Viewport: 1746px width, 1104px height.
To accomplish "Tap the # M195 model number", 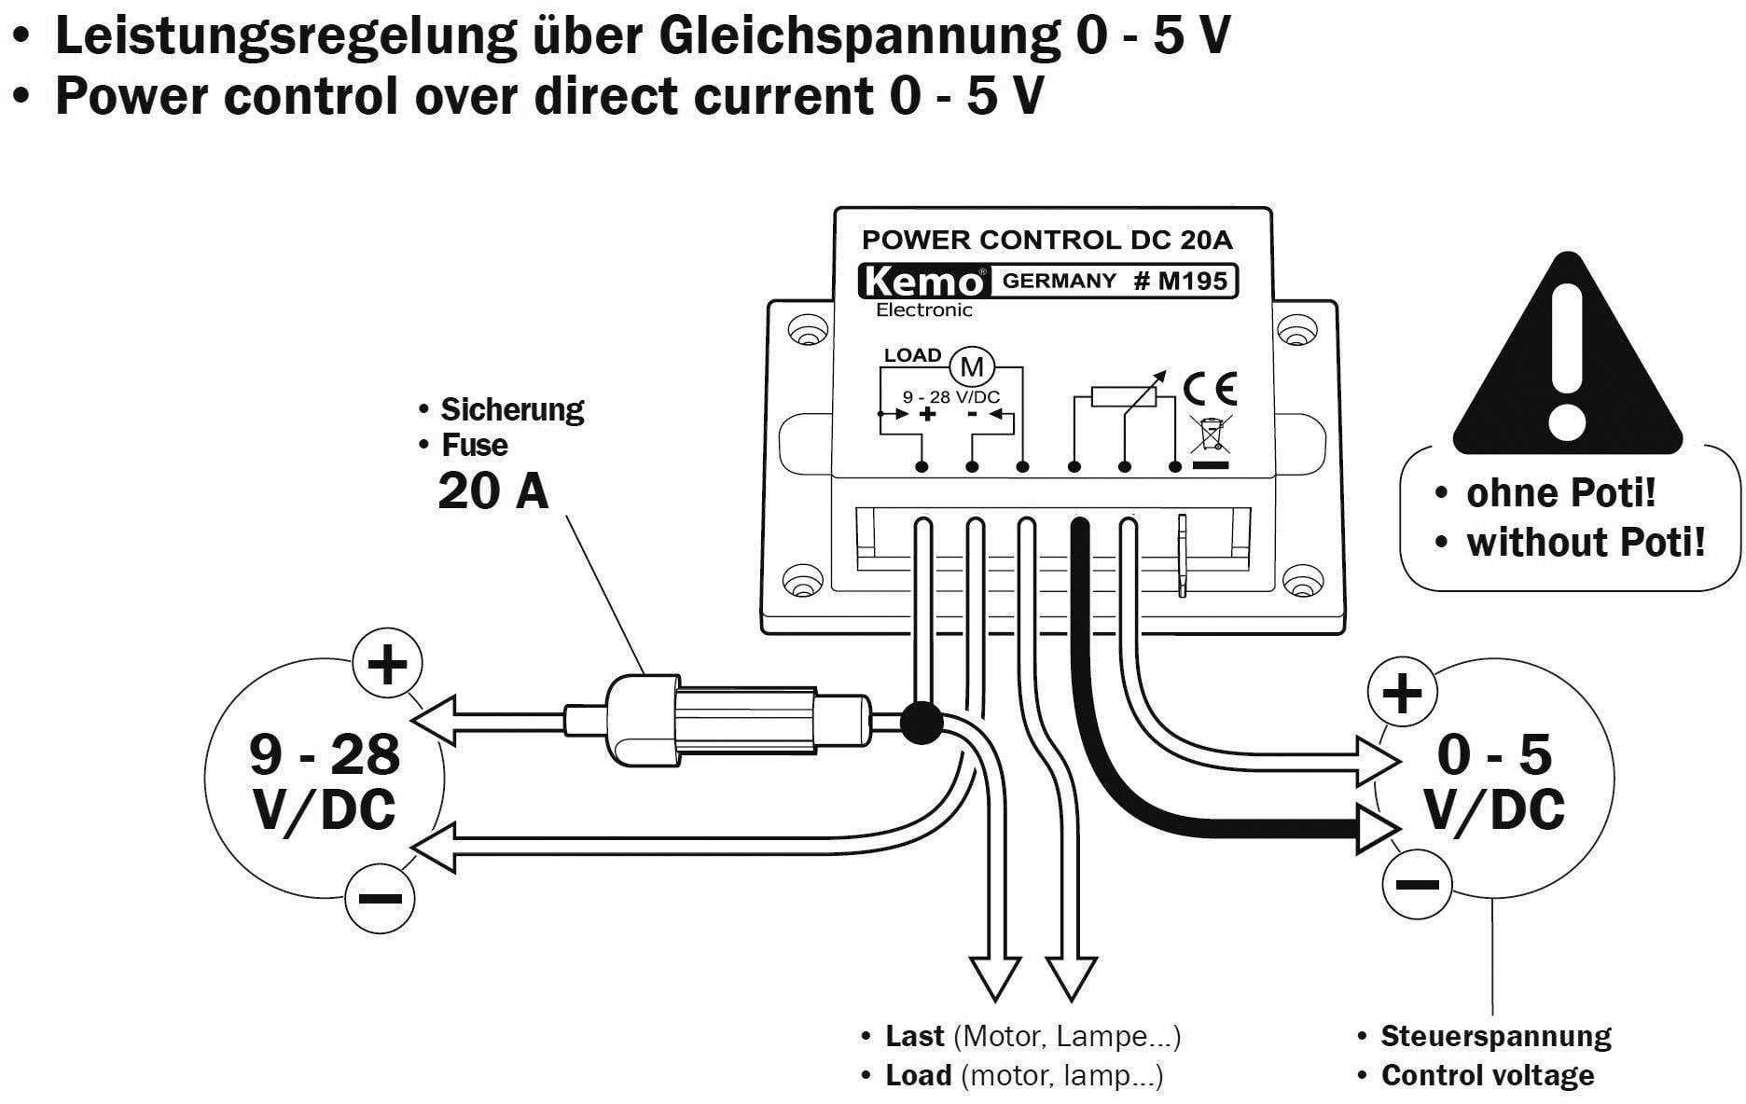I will pos(1180,281).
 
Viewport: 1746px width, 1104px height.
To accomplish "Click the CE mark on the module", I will pos(1210,387).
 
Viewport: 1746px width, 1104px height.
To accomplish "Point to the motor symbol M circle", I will pos(972,366).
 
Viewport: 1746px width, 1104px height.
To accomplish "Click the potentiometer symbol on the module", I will pos(1124,396).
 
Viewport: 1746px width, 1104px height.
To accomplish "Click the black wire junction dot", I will pos(921,723).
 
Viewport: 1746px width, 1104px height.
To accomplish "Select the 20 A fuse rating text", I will pos(493,490).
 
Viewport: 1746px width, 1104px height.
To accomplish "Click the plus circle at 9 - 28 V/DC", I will pos(387,665).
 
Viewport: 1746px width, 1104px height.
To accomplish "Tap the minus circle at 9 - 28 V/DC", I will pos(380,898).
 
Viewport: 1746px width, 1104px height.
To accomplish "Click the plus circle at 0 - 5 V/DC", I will pos(1401,692).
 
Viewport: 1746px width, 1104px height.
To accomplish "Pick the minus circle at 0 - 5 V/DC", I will pos(1417,883).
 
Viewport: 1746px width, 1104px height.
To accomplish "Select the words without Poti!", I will pos(1586,542).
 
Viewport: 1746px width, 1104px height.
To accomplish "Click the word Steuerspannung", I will pos(1495,1036).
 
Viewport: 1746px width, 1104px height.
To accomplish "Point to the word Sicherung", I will pos(511,409).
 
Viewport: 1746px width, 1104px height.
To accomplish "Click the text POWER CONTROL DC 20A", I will pos(1046,240).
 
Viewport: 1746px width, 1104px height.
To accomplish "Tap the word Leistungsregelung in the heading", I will pos(285,35).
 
